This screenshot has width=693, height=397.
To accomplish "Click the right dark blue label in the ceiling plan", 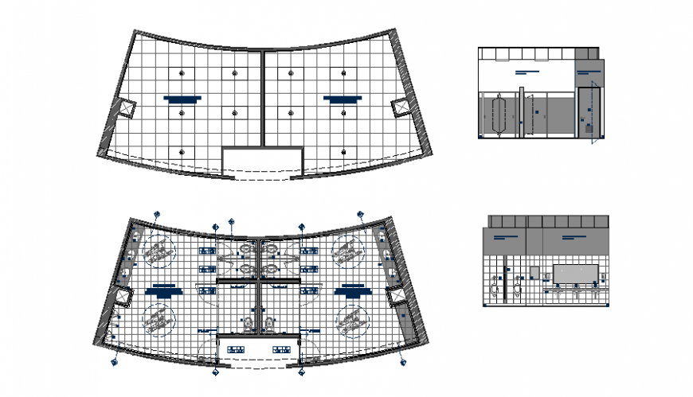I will tap(343, 99).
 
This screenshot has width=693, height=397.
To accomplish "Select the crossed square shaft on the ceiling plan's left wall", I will tap(126, 107).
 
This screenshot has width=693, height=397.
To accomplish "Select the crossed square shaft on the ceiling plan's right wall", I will tap(401, 107).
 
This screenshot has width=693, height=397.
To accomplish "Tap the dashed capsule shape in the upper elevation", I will tap(500, 115).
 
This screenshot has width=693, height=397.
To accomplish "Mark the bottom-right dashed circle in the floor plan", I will tap(351, 321).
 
